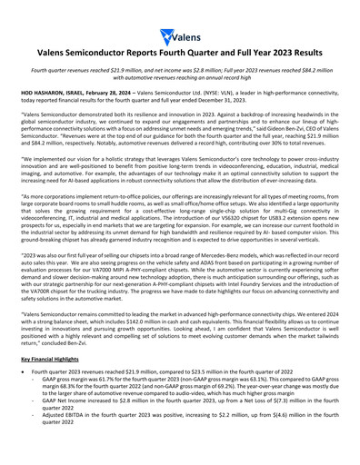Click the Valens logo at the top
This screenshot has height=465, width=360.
179,36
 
